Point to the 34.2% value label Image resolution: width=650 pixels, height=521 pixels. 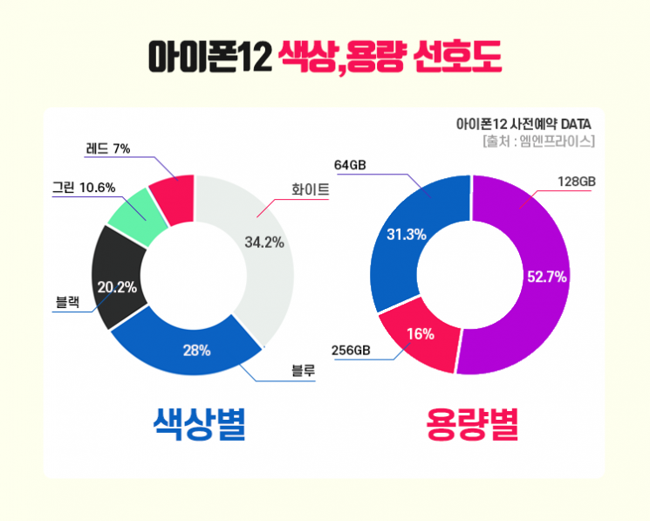coord(263,242)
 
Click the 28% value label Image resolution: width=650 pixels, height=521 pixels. coord(196,351)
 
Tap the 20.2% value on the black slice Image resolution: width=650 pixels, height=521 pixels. coord(117,287)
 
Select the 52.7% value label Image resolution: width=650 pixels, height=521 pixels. coord(547,278)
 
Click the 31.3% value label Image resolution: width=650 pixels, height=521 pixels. coord(406,234)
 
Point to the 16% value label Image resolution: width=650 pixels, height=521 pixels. coord(421,334)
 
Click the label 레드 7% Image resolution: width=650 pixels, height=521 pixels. coord(108,148)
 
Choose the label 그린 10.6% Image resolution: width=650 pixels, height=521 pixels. coord(84,188)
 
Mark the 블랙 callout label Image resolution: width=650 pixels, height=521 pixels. coord(68,304)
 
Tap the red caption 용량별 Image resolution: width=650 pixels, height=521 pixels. coord(472,426)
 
